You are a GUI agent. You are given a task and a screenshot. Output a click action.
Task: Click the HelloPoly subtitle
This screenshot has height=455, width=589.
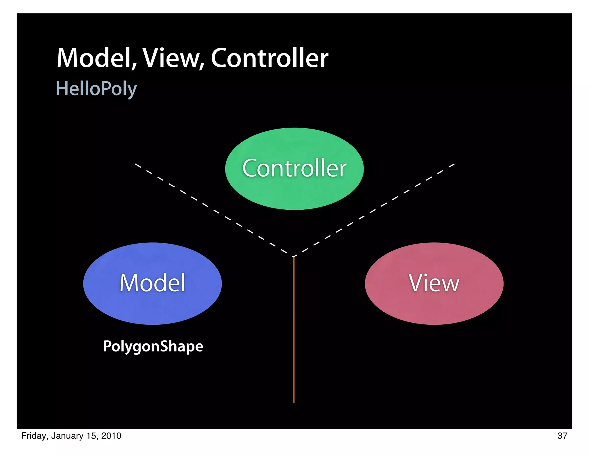tap(96, 89)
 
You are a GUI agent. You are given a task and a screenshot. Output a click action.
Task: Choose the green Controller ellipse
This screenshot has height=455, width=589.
tap(294, 190)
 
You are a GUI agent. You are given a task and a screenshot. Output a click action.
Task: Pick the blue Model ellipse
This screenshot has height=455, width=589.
tap(152, 305)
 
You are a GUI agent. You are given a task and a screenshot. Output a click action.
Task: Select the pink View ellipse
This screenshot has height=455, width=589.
tap(434, 305)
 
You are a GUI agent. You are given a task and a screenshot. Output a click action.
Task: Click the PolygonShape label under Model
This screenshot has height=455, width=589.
tap(153, 346)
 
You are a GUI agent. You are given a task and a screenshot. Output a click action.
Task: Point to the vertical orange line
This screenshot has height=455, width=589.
tap(294, 331)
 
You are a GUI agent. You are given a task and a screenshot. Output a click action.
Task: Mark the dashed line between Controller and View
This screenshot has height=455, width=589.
tap(374, 210)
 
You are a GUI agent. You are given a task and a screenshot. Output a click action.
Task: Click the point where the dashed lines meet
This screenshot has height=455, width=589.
tap(294, 256)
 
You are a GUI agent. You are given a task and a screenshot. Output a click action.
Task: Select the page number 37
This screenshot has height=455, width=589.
tap(562, 436)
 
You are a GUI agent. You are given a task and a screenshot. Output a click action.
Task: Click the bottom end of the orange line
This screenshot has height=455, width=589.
tap(294, 402)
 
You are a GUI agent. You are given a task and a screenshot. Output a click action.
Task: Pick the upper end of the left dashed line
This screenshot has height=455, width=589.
tap(136, 165)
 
